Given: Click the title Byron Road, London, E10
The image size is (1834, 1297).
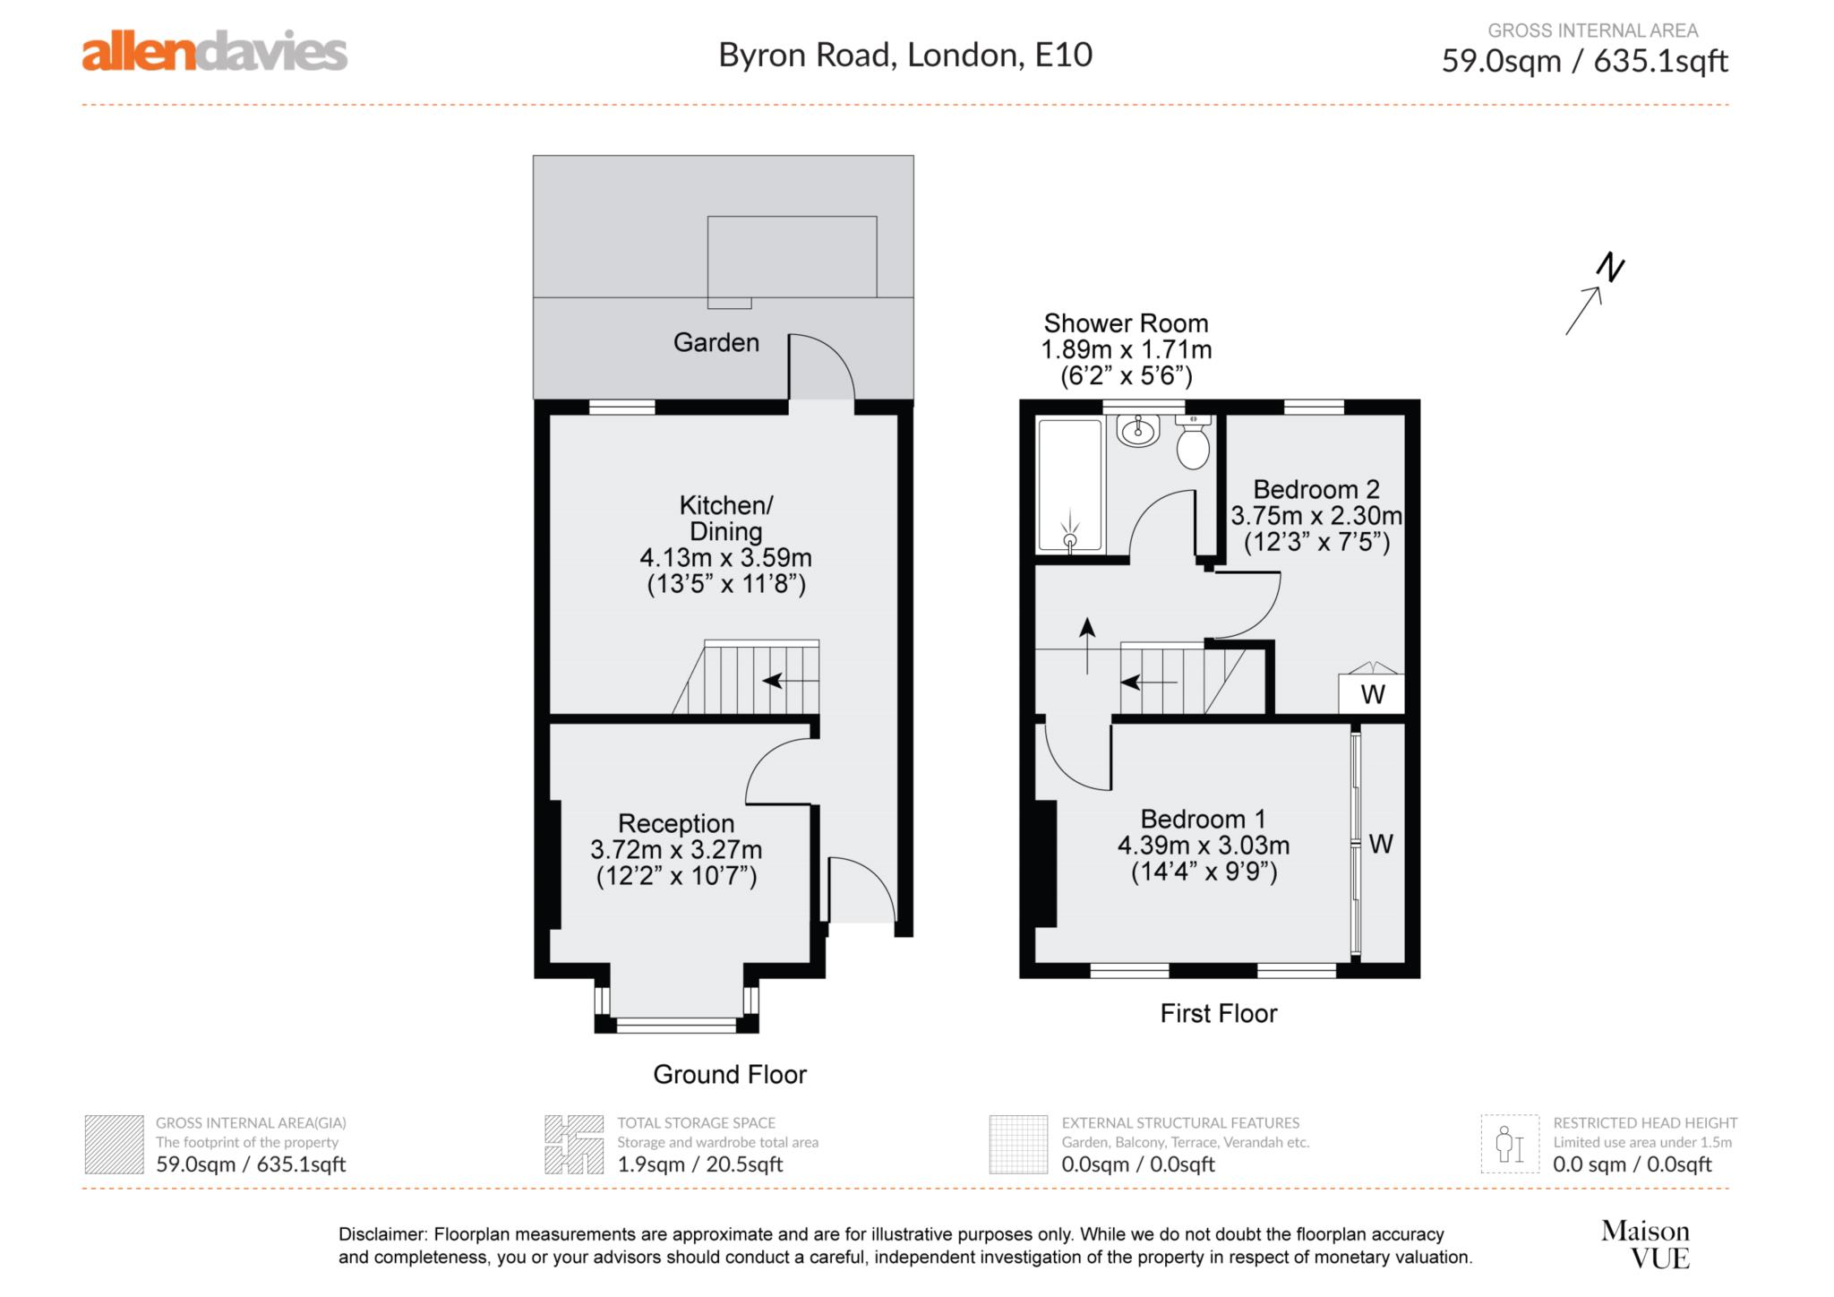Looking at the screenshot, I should click(904, 55).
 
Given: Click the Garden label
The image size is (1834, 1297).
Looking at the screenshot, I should click(716, 342).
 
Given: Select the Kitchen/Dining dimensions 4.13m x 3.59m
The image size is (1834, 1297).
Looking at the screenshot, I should click(725, 557).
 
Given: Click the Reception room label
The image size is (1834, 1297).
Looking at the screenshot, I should click(676, 823).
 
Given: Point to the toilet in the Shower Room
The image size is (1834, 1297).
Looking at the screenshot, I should click(1193, 443).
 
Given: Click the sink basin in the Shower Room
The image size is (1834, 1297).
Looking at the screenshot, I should click(1138, 432).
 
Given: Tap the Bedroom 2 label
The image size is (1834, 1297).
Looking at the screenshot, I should click(1316, 489).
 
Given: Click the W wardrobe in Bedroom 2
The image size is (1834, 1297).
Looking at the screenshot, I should click(1372, 693).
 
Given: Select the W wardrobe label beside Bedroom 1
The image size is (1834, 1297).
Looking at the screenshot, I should click(1381, 844).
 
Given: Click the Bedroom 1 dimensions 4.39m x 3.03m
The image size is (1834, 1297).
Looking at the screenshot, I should click(1203, 845).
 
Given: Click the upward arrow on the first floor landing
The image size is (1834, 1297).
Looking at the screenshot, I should click(1087, 643).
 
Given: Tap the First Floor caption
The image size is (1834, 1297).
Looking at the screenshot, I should click(1218, 1013).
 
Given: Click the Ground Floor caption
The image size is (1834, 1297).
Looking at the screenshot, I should click(729, 1074).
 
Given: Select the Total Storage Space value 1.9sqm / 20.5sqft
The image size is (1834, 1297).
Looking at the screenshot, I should click(699, 1164).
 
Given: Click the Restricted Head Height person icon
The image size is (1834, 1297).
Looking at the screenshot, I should click(1509, 1144).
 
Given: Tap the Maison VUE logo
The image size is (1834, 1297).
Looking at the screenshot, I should click(1645, 1244).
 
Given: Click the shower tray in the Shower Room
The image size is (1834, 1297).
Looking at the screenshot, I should click(1069, 485).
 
